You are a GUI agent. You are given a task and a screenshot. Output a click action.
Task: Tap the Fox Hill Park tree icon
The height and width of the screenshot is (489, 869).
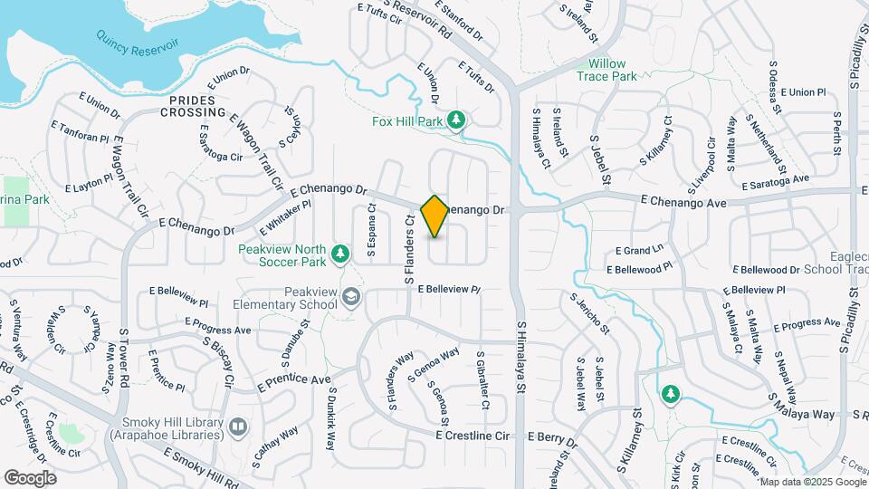pyautogui.click(x=457, y=120)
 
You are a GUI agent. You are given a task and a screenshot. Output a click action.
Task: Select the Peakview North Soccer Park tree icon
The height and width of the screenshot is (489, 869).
pyautogui.click(x=340, y=254)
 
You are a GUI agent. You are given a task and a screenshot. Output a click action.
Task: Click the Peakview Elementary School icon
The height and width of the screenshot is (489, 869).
pyautogui.click(x=349, y=295)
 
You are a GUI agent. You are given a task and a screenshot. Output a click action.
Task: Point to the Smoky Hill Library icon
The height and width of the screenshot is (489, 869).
pyautogui.click(x=237, y=425)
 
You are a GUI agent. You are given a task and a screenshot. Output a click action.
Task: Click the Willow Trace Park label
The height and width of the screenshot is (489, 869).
pyautogui.click(x=607, y=70)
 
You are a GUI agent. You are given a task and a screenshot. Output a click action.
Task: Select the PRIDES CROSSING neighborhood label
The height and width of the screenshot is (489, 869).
pyautogui.click(x=193, y=106)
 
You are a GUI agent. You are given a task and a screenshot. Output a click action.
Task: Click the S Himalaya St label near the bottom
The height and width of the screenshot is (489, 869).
pyautogui.click(x=522, y=358)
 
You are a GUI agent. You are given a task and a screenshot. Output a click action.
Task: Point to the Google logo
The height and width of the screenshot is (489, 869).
pyautogui.click(x=31, y=477)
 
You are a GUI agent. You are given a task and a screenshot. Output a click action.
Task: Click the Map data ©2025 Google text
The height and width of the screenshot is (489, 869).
pyautogui.click(x=812, y=482)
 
